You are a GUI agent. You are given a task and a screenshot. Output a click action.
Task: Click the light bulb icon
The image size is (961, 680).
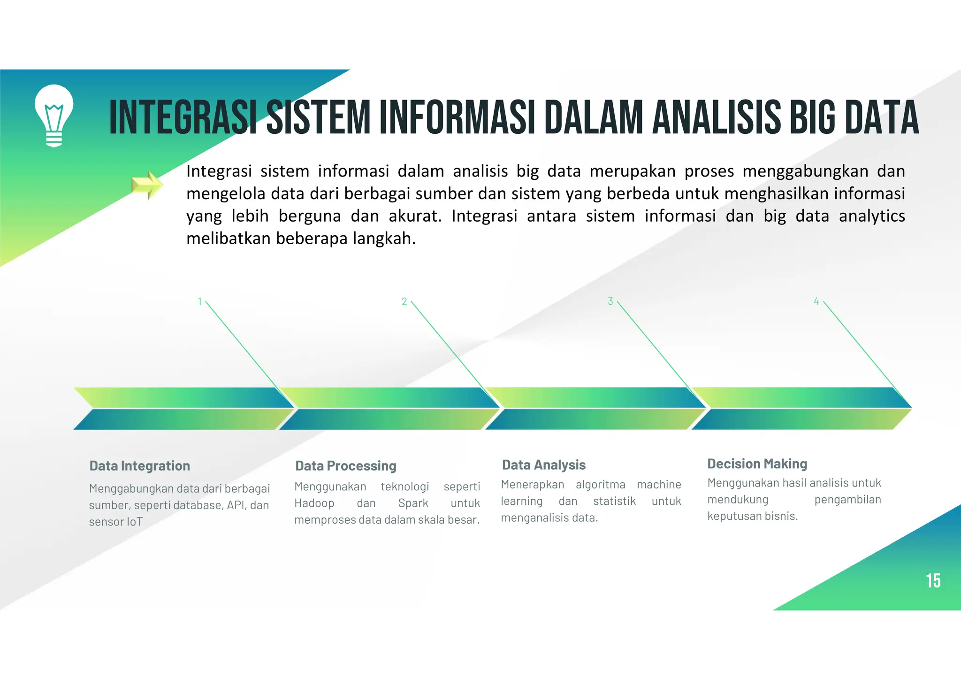pos(54,116)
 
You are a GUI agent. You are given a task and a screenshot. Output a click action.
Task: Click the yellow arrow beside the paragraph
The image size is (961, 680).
pos(147,185)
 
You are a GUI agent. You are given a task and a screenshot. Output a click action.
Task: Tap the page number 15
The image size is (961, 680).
pos(933,581)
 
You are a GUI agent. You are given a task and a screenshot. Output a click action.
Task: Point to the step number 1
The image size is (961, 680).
pos(200,301)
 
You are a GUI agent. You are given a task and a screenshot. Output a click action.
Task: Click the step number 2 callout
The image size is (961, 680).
pos(404,301)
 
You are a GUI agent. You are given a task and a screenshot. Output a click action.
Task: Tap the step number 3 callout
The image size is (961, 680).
pos(610,301)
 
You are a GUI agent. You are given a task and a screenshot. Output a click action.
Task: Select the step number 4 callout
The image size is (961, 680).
pos(816,301)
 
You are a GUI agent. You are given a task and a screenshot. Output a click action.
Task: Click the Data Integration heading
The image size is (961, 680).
pos(139,466)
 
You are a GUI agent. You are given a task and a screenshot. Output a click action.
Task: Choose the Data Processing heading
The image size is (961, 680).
pos(346,466)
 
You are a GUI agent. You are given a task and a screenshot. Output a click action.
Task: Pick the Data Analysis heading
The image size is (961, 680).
pos(544,465)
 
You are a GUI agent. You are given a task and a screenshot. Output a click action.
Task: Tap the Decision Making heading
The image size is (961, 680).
pos(757,464)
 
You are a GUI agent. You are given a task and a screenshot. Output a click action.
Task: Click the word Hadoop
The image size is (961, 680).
pos(314,503)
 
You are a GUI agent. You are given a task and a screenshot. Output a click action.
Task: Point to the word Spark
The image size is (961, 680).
pos(413,503)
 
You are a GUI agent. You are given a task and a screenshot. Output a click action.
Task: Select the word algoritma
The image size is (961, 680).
pos(600,485)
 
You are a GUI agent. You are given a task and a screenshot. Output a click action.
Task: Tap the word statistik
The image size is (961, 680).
pos(614,502)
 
